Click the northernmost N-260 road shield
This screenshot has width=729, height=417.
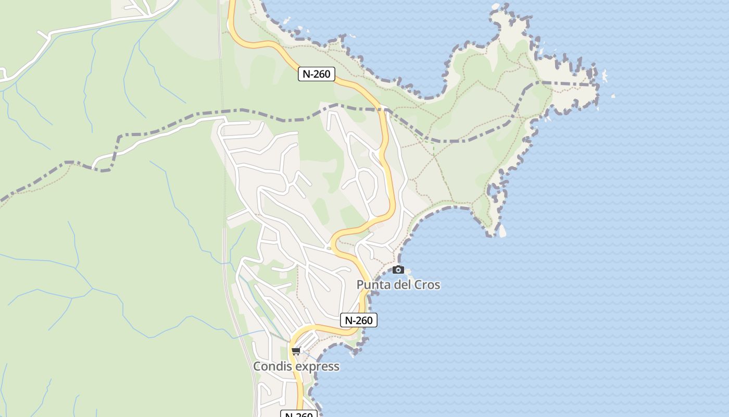tap(316, 74)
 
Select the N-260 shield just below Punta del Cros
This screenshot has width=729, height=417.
tap(358, 320)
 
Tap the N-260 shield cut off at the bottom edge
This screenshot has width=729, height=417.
tap(299, 414)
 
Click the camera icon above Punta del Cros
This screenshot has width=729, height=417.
tap(398, 269)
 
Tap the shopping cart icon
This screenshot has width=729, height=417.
tap(296, 351)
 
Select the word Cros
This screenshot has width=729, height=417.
tap(427, 285)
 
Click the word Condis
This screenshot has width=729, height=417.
tap(271, 366)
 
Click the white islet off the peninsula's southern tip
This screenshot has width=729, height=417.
tap(502, 231)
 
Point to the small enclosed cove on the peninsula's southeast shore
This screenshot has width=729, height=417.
tap(494, 191)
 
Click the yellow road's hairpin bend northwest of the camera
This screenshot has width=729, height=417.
tap(334, 244)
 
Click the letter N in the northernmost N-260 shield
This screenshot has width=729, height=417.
tap(306, 74)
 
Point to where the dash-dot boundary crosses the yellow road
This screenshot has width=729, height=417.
tap(384, 109)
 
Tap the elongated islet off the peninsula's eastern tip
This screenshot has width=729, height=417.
tap(605, 76)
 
